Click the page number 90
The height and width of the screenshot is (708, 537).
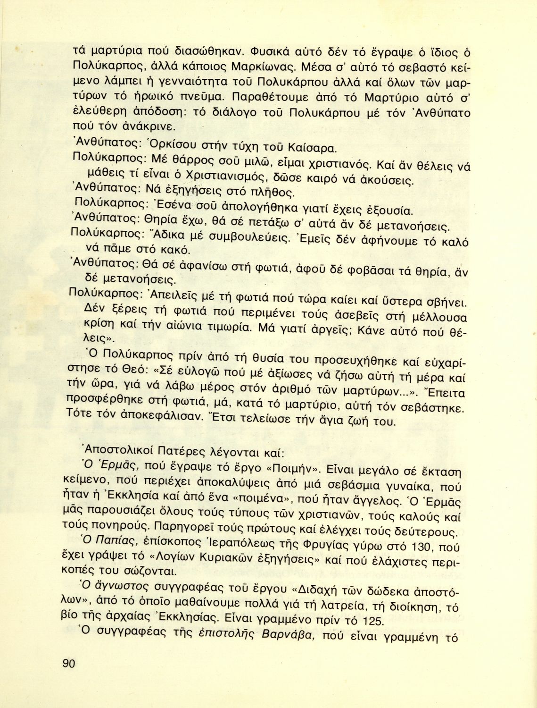[x=68, y=663]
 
